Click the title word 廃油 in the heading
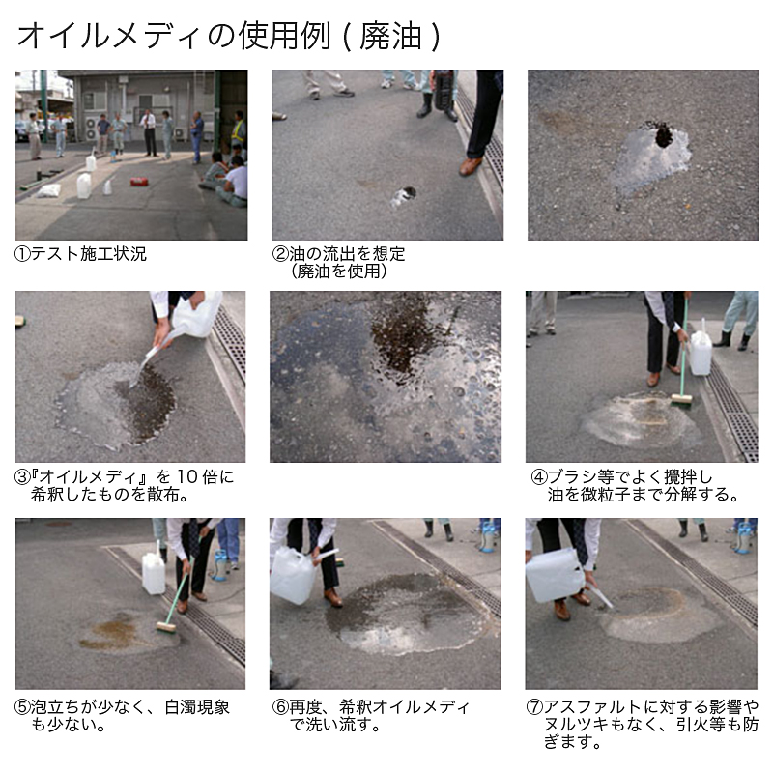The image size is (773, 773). click(x=390, y=36)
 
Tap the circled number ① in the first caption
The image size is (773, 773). click(x=22, y=254)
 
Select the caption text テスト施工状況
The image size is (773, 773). click(x=89, y=254)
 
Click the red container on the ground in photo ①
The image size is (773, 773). click(x=139, y=182)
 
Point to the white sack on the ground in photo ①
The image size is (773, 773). click(x=49, y=190)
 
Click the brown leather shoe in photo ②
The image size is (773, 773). click(x=471, y=166)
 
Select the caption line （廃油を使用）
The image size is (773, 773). click(x=339, y=272)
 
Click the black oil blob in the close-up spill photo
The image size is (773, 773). click(x=664, y=134)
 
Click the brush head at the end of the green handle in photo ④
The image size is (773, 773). click(x=681, y=399)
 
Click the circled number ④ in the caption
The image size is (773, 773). click(x=539, y=477)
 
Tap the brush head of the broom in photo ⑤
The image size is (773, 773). click(x=166, y=627)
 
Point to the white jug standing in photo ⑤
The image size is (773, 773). click(x=154, y=572)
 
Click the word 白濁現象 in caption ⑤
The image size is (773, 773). click(x=197, y=707)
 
